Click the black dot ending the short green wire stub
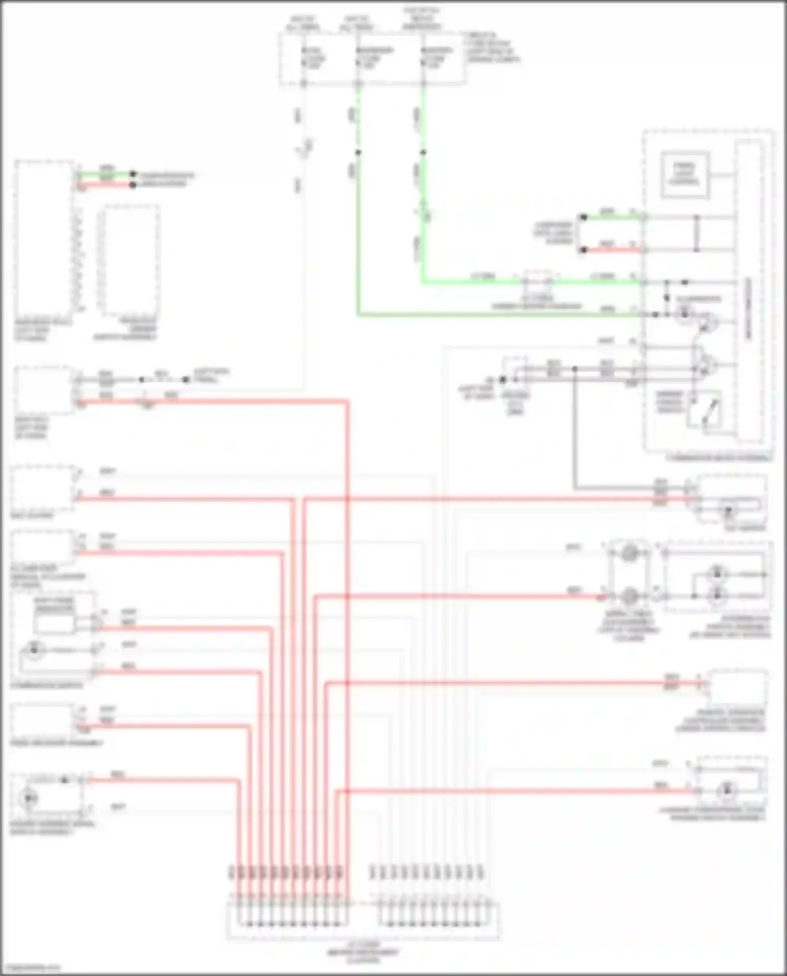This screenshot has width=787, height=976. (133, 174)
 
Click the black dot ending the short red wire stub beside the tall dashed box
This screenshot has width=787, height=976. (133, 185)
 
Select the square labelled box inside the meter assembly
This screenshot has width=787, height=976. (685, 175)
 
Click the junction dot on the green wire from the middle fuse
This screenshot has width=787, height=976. (358, 153)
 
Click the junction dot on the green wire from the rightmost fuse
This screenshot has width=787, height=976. (423, 153)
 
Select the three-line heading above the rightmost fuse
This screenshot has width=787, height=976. (422, 18)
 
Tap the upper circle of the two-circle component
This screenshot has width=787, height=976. (630, 553)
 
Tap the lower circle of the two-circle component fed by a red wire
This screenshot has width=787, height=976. (630, 596)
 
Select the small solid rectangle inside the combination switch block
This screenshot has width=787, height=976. (55, 624)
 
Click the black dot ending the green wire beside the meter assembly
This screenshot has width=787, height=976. (583, 217)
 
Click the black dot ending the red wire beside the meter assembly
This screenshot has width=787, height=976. (583, 250)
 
